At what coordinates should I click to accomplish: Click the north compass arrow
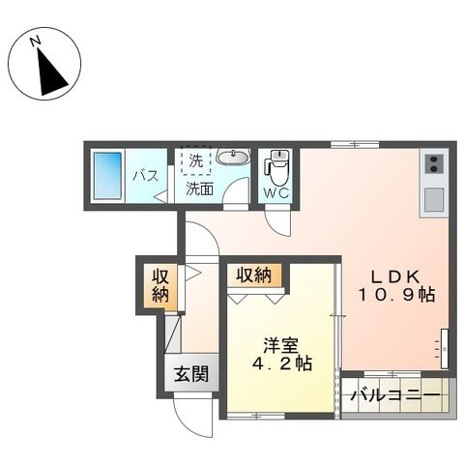click(x=47, y=72)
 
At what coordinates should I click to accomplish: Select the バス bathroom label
click(x=144, y=176)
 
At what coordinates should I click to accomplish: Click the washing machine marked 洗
click(x=197, y=159)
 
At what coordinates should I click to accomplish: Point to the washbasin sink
click(x=232, y=159)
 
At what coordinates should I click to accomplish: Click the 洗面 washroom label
click(x=200, y=188)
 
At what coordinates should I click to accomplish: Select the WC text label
click(x=276, y=193)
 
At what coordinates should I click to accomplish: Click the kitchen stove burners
click(x=433, y=162)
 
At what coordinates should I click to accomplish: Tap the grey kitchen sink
click(x=433, y=198)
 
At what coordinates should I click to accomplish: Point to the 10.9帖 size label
click(x=398, y=295)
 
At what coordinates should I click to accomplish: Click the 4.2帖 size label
click(x=281, y=364)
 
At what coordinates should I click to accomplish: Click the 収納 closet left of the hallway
click(x=160, y=283)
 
